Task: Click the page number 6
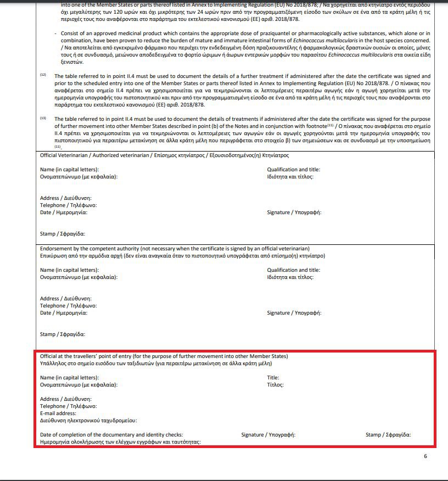(x=425, y=456)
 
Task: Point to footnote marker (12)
(x=43, y=74)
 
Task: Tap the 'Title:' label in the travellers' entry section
(x=273, y=378)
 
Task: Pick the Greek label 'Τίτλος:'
(x=275, y=385)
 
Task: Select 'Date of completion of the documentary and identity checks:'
(x=111, y=435)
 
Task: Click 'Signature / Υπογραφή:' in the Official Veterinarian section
(x=294, y=212)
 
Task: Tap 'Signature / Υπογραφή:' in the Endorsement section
(x=294, y=313)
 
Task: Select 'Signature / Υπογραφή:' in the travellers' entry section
(x=268, y=435)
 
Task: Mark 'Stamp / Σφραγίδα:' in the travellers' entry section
(x=388, y=435)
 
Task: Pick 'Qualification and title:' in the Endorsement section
(x=293, y=270)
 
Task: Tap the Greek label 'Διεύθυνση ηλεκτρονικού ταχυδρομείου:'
(x=88, y=421)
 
